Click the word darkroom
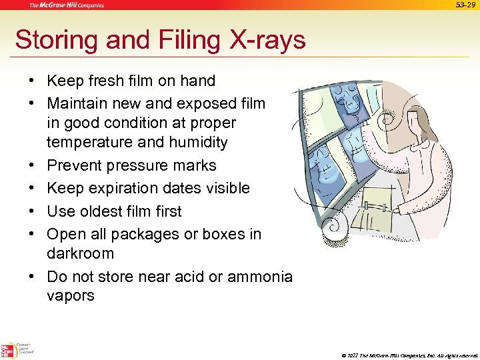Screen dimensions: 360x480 (x=81, y=254)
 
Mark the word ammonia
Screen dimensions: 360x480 (x=260, y=277)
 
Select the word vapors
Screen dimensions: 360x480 (x=71, y=296)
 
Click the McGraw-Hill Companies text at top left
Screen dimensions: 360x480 (x=67, y=5)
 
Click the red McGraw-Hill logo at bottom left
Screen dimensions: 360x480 (x=9, y=349)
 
